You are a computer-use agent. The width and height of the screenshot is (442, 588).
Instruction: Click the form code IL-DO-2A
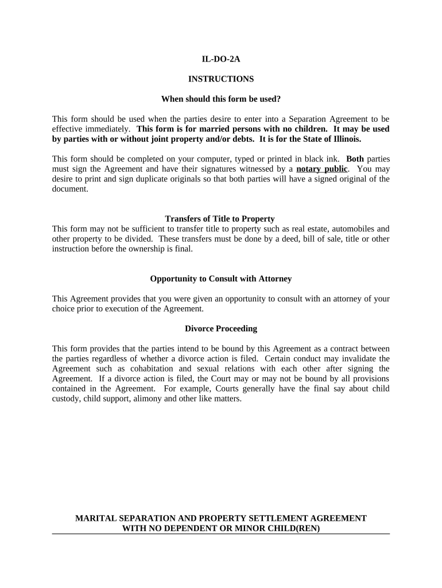click(221, 59)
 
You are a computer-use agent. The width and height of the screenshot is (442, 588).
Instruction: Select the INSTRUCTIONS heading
click(221, 79)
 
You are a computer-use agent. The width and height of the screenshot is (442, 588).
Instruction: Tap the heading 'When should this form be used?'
click(221, 99)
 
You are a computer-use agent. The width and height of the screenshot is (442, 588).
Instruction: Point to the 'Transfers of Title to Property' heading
click(220, 219)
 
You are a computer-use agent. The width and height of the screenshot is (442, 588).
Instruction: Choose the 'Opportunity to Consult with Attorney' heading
click(221, 279)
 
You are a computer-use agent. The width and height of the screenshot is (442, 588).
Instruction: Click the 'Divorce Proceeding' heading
click(221, 329)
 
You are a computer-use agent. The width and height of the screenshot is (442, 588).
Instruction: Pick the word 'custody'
click(65, 399)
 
